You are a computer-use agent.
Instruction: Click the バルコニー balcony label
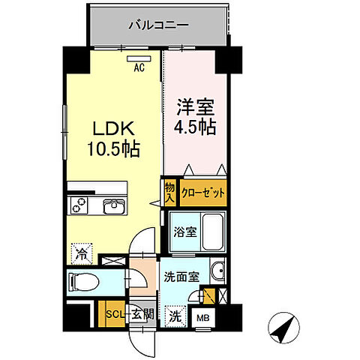coord(157,25)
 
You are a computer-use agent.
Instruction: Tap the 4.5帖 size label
coord(195,126)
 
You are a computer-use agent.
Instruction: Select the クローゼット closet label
coord(202,191)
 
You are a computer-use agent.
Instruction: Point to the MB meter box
coord(203,318)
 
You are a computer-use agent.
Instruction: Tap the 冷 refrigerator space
coord(80,253)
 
